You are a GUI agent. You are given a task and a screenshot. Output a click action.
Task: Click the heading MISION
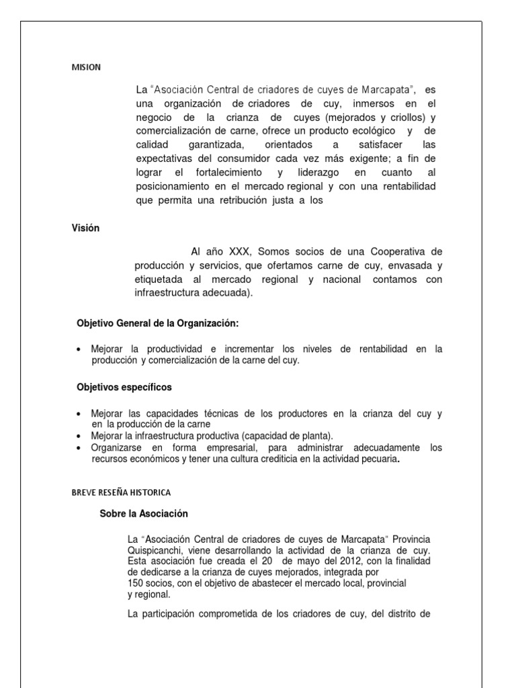[x=86, y=67]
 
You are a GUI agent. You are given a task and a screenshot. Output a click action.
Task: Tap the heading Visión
[x=85, y=228]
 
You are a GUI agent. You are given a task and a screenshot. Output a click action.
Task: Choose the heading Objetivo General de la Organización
[x=158, y=323]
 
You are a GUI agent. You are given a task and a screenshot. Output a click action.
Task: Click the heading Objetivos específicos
[x=124, y=387]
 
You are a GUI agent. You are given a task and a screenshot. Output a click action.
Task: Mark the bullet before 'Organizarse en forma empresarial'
[x=80, y=448]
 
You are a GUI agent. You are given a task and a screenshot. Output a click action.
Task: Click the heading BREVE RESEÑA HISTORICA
[x=121, y=492]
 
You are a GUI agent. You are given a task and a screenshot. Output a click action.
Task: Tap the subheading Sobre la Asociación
[x=144, y=513]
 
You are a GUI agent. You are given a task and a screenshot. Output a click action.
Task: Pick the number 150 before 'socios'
[x=136, y=583]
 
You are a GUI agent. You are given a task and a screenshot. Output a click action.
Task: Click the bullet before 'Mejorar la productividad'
[x=80, y=349]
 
